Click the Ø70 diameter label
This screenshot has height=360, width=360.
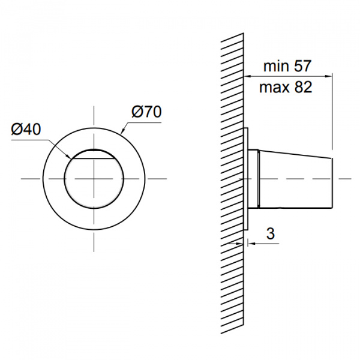tap(146, 112)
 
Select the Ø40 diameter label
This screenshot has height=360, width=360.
tap(26, 129)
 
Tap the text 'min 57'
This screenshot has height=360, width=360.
tap(287, 66)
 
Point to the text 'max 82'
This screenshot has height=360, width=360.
tap(286, 87)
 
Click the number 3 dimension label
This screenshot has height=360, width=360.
tap(271, 234)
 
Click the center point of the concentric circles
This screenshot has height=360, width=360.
tap(94, 179)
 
